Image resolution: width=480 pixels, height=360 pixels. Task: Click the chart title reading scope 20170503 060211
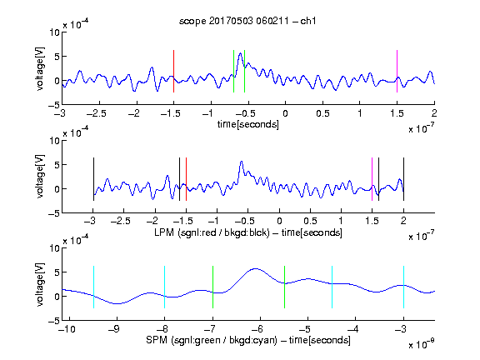click(x=247, y=21)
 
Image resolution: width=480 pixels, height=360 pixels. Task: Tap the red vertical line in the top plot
click(x=173, y=71)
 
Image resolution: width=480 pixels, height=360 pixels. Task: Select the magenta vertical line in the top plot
click(x=397, y=71)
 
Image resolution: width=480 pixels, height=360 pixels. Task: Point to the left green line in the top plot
click(x=233, y=71)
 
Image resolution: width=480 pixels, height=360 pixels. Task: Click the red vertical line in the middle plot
click(x=186, y=179)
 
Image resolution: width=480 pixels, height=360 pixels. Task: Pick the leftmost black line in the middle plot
click(x=93, y=179)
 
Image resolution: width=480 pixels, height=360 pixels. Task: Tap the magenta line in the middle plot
click(x=372, y=179)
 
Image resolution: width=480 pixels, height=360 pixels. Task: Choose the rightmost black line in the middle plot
click(x=403, y=179)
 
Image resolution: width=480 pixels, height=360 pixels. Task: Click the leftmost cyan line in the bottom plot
click(x=93, y=287)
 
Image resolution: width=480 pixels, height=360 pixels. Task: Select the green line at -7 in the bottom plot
click(x=212, y=287)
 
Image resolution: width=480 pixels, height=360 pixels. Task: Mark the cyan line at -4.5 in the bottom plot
click(x=332, y=287)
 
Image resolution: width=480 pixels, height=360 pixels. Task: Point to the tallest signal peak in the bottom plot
click(x=255, y=269)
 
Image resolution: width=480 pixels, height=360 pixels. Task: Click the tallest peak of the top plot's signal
click(x=241, y=53)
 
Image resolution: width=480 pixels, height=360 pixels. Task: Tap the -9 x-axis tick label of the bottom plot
click(x=114, y=329)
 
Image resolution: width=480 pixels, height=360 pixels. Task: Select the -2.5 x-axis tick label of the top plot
click(x=97, y=113)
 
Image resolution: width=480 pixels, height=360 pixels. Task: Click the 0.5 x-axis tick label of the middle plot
click(x=310, y=221)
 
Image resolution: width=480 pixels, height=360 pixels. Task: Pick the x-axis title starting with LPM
click(x=248, y=232)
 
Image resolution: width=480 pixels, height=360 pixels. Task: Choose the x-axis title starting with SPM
click(x=248, y=340)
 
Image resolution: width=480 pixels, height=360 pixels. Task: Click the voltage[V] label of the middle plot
click(x=40, y=177)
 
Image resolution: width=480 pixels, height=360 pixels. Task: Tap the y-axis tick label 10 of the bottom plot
click(x=54, y=248)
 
